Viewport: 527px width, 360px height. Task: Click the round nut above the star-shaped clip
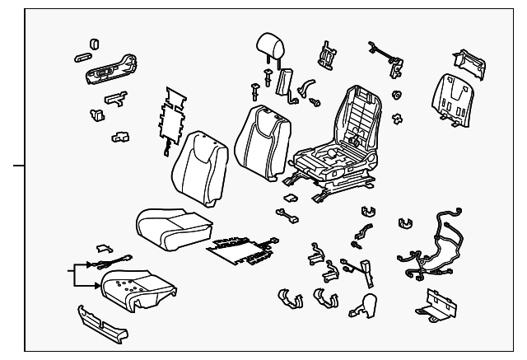tap(397, 94)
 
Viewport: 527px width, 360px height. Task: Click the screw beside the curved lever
tap(315, 101)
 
